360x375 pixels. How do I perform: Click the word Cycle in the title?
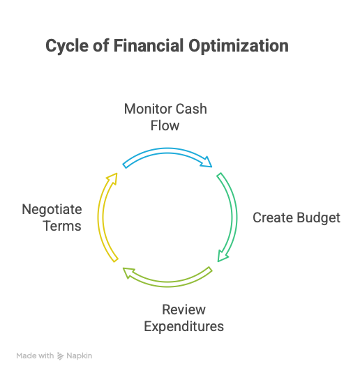[67, 46]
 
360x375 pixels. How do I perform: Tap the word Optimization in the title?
[239, 46]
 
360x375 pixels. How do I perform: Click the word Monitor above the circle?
[147, 109]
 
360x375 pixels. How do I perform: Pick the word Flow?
[165, 125]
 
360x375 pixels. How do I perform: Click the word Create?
[273, 217]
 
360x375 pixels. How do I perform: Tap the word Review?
[183, 309]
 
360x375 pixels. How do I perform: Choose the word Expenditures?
[183, 327]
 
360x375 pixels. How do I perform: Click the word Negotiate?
[52, 210]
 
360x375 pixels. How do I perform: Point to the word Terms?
[62, 226]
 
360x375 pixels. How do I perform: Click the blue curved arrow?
[167, 151]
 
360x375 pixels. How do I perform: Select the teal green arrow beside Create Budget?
[234, 217]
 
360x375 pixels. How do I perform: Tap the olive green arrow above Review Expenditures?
[167, 284]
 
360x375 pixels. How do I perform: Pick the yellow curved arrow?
[100, 217]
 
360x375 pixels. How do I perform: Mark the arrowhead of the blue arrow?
[207, 162]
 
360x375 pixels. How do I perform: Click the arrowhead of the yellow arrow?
[113, 178]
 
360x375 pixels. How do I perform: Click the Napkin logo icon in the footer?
[60, 356]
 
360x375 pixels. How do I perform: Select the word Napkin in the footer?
[80, 356]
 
